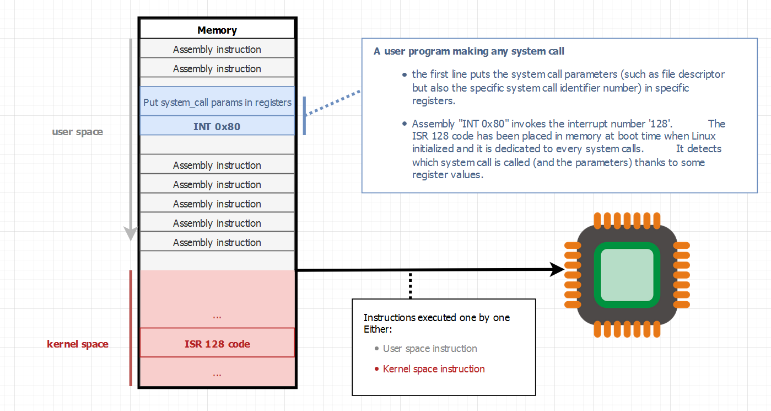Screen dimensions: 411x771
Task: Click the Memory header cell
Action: coord(217,30)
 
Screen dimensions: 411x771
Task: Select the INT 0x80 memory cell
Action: coord(217,126)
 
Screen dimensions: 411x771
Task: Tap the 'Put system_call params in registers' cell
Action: coord(217,102)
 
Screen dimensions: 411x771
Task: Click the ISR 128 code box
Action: coord(217,344)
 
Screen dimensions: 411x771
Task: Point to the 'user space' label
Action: coord(77,132)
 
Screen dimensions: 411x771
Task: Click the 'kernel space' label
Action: coord(78,344)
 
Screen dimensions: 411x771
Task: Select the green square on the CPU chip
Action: coord(627,274)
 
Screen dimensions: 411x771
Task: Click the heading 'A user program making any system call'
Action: coord(468,51)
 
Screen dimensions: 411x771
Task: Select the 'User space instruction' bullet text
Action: coord(430,349)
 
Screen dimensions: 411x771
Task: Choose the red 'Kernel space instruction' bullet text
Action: coord(434,369)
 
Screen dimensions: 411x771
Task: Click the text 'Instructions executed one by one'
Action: coord(436,318)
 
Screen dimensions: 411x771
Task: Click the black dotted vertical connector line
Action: coord(410,285)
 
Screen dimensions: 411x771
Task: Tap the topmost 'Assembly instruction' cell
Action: coord(217,50)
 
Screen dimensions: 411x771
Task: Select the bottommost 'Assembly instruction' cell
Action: coord(217,243)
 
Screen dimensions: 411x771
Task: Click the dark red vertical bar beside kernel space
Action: coord(131,328)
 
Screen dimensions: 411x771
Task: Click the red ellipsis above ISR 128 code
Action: coord(217,317)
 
